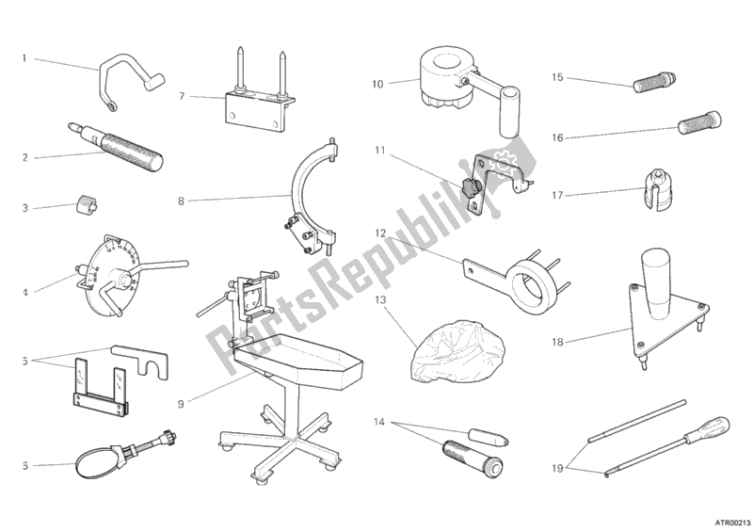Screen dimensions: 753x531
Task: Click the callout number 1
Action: point(24,58)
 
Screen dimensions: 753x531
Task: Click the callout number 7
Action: point(182,97)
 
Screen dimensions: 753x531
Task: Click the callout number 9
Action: point(181,404)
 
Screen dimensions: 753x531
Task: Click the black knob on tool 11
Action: point(470,187)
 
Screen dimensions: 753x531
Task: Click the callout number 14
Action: point(379,423)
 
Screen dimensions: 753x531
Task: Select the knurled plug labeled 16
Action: point(699,122)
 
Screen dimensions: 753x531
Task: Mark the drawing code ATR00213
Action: point(732,523)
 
